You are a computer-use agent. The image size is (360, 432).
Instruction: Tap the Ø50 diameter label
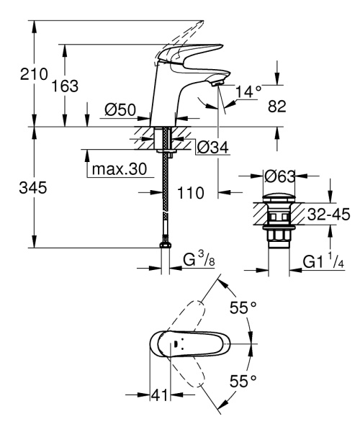point(120,109)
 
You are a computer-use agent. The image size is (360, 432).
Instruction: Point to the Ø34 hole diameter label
point(212,147)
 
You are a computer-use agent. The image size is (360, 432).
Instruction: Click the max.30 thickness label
point(119,170)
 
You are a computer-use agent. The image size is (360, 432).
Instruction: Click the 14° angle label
point(248,91)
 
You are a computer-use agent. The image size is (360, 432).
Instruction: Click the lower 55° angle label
point(243,380)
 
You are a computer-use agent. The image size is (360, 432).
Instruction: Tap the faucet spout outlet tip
point(217,85)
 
